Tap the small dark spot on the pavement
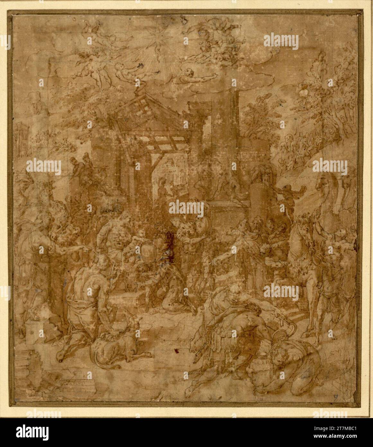pyautogui.click(x=176, y=350)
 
